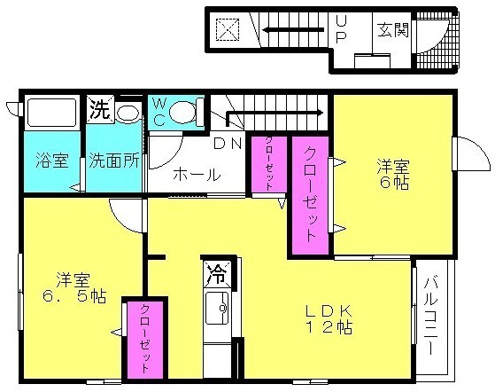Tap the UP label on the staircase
click(341, 28)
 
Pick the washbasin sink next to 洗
click(128, 112)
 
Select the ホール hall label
click(196, 175)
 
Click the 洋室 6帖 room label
click(393, 173)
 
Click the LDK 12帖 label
click(329, 318)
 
